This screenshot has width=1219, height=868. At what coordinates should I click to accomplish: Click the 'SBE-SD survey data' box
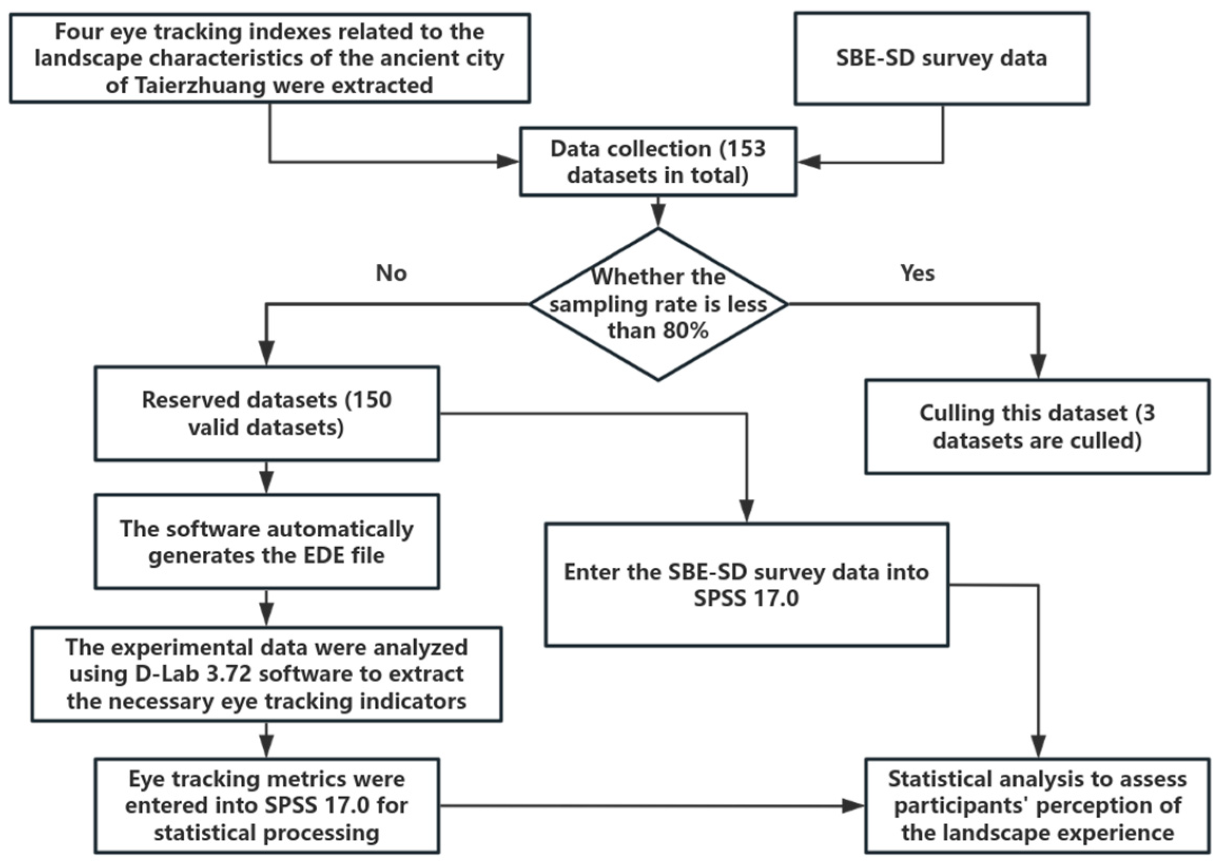coord(941,58)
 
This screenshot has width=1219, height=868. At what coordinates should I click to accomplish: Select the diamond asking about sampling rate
coord(658,304)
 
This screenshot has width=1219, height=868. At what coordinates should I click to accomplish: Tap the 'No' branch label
coord(391,273)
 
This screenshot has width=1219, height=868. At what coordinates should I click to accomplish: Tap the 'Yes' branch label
coord(917,273)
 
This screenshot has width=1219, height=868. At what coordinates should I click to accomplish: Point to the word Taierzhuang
coord(211,85)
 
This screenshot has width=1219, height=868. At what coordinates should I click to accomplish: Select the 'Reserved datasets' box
coord(266,413)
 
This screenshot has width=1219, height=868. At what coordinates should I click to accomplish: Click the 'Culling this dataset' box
coord(1037,427)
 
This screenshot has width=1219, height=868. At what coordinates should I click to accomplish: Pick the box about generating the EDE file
coord(266,541)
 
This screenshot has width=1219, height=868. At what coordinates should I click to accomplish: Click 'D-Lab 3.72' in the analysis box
coord(192,674)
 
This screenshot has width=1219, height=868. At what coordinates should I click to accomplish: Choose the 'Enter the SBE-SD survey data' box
coord(746,584)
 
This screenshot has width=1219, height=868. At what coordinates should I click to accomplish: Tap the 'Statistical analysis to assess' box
coord(1037,805)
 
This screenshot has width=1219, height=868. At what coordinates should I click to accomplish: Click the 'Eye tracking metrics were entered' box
coord(266,805)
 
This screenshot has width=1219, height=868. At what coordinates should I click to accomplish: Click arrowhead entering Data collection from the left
coord(508,161)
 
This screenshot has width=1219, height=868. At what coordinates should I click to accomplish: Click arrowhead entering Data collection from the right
coord(808,162)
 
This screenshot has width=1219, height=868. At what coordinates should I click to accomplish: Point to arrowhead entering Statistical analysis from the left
coord(853,806)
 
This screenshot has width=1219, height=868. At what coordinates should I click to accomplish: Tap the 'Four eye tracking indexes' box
coord(269,58)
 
